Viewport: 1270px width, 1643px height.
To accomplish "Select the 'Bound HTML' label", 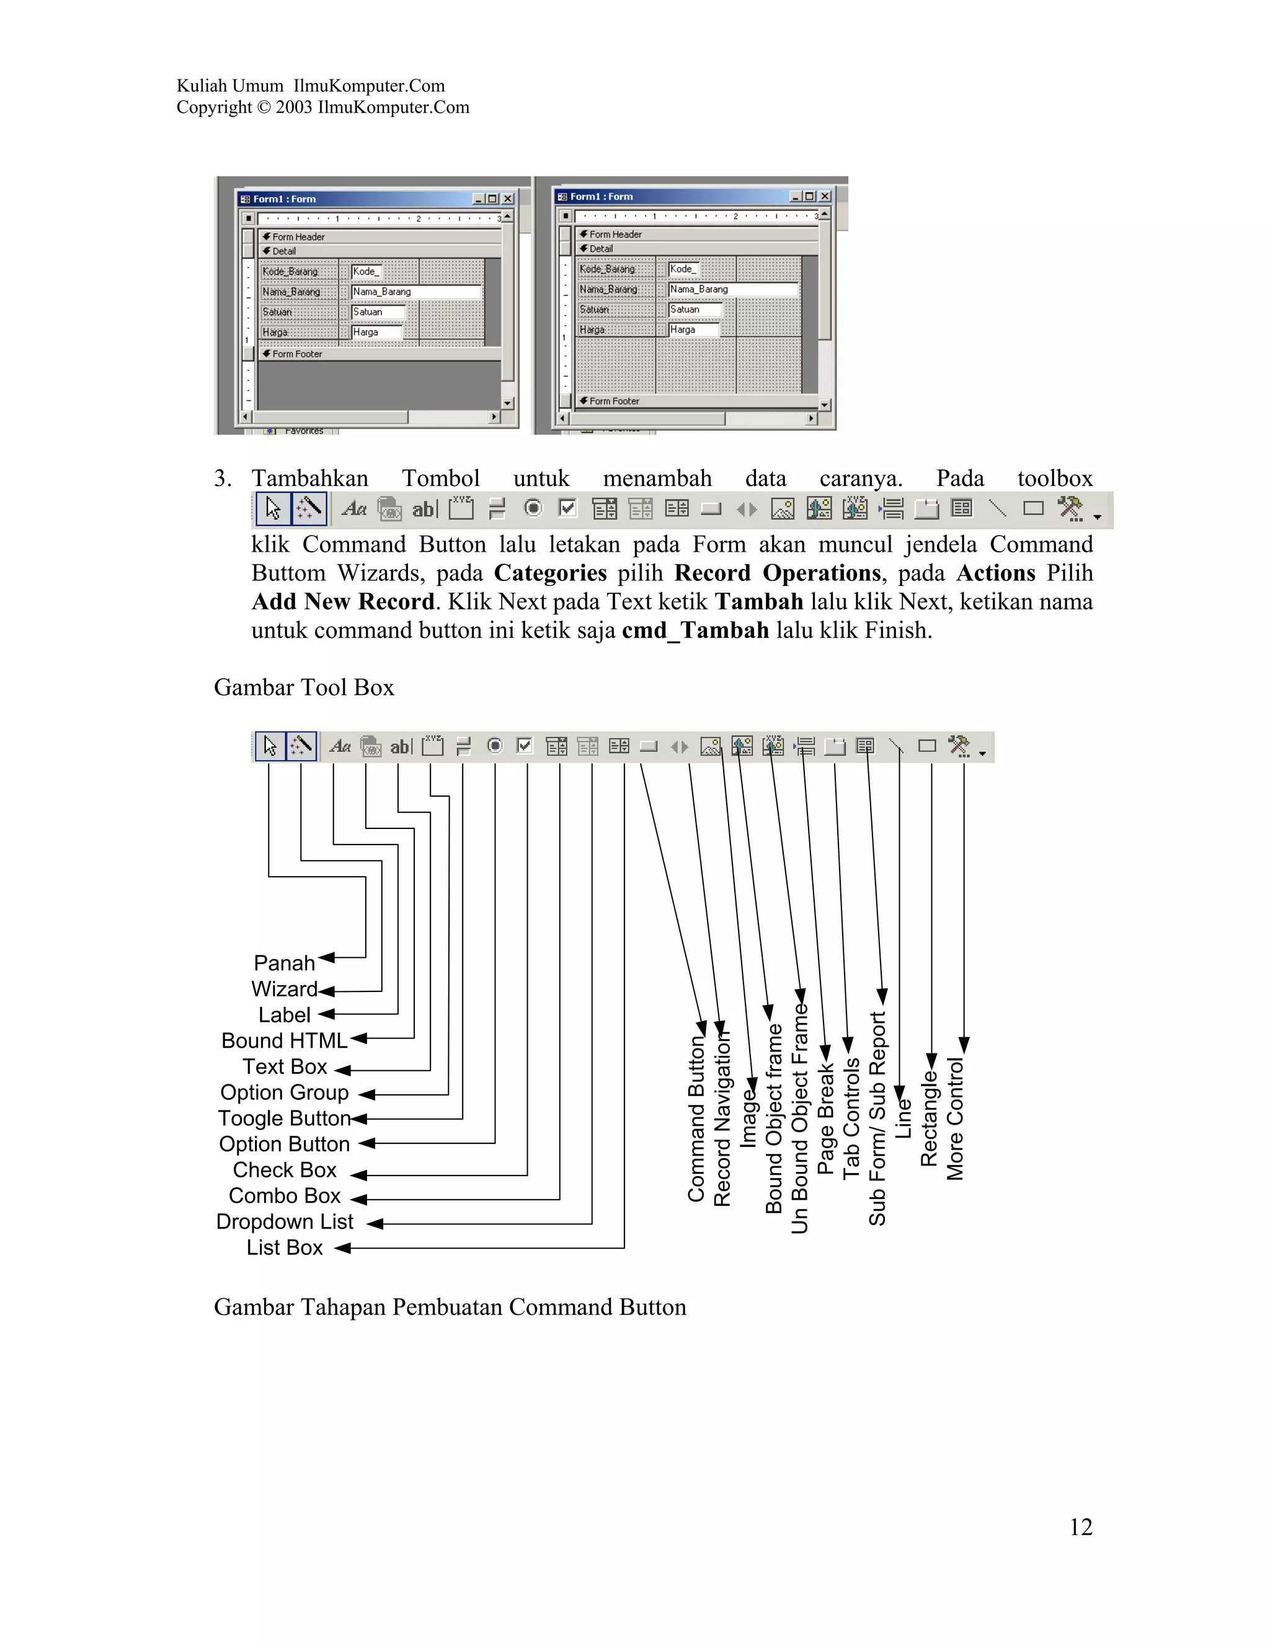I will pyautogui.click(x=283, y=1040).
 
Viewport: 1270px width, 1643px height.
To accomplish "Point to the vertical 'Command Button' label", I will pyautogui.click(x=696, y=1118).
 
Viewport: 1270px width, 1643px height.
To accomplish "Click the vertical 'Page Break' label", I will pyautogui.click(x=825, y=1118).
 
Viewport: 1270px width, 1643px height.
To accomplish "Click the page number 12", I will pyautogui.click(x=1080, y=1526).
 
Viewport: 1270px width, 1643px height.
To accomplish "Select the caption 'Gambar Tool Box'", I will pyautogui.click(x=304, y=687).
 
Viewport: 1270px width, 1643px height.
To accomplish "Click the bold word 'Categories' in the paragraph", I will pyautogui.click(x=550, y=573).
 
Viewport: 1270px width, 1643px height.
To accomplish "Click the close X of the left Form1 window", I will pyautogui.click(x=508, y=198).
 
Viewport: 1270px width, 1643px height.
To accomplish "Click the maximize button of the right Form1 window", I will pyautogui.click(x=809, y=197).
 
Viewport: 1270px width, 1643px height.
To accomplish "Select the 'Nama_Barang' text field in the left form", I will pyautogui.click(x=415, y=292).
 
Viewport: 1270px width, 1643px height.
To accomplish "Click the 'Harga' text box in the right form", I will pyautogui.click(x=693, y=329).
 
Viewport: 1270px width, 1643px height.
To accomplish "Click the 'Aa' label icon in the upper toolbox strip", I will pyautogui.click(x=353, y=509).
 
